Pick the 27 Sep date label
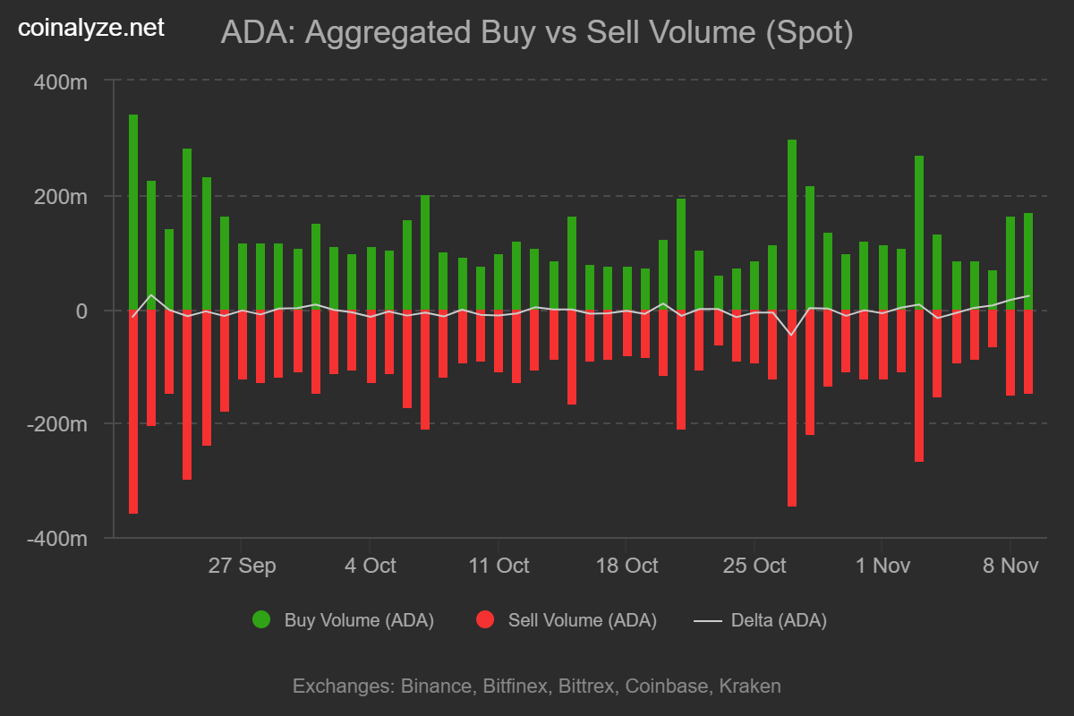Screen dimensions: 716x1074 coord(241,566)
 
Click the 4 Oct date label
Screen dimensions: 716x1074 coord(370,566)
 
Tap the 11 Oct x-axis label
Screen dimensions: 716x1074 coord(499,566)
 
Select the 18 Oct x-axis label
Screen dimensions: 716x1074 coord(626,566)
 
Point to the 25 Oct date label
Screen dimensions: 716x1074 coord(755,566)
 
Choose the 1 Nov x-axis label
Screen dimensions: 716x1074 coord(883,566)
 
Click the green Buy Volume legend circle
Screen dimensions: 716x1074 coord(261,619)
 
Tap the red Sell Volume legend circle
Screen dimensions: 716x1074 coord(485,619)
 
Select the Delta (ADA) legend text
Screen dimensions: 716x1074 coord(779,620)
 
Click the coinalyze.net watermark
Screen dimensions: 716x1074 coord(91,28)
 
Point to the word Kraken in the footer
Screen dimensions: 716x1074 coord(750,686)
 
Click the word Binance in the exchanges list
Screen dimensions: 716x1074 coord(436,686)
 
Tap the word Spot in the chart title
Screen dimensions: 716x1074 coord(809,34)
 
